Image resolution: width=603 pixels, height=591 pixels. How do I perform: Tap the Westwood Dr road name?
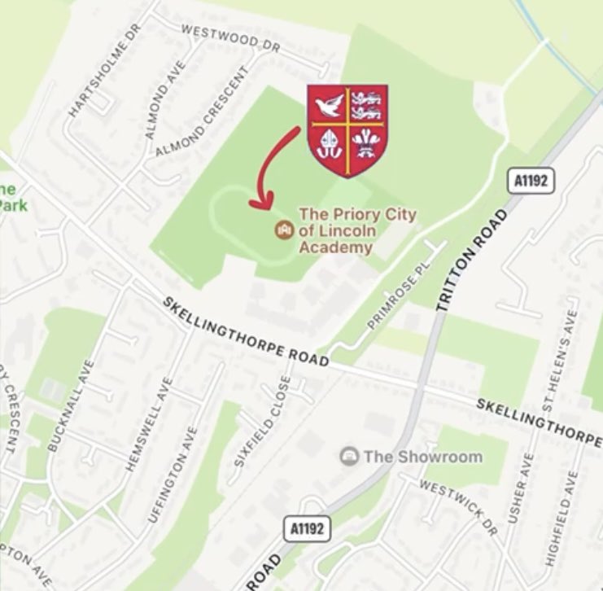tap(231, 38)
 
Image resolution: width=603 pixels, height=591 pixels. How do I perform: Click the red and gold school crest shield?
tap(347, 130)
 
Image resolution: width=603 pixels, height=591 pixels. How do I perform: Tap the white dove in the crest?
tap(329, 107)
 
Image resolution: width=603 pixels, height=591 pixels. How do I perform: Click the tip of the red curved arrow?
tap(259, 204)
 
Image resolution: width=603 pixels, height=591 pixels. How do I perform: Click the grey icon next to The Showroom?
tap(349, 455)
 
